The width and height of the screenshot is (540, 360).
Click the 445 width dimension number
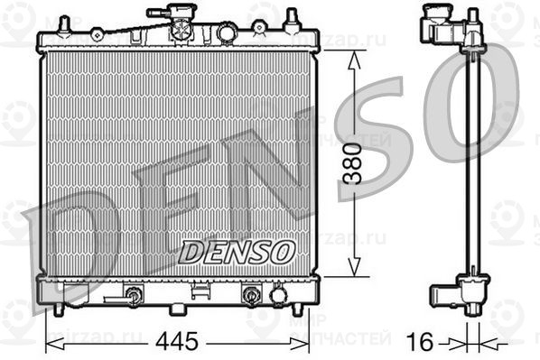pos(176,342)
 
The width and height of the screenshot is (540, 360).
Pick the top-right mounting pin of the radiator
pos(292,18)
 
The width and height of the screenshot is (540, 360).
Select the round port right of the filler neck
pos(225,32)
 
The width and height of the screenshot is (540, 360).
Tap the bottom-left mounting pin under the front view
pos(60,309)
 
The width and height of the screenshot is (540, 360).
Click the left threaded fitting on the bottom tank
pos(134,294)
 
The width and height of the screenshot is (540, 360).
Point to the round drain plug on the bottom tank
pos(278,294)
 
